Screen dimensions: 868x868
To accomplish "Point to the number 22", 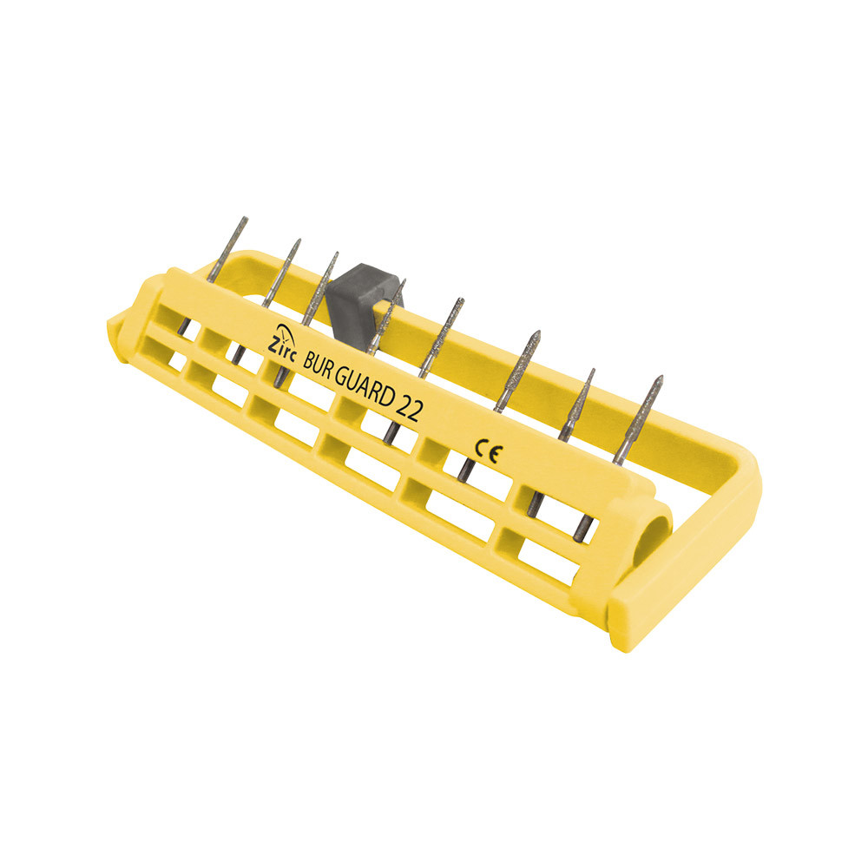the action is tap(411, 409).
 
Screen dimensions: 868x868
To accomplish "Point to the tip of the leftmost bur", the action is tap(246, 218).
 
